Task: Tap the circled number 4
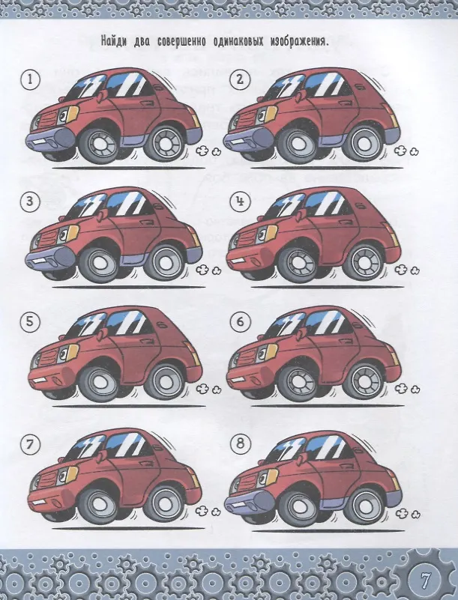pyautogui.click(x=241, y=201)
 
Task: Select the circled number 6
pyautogui.click(x=240, y=322)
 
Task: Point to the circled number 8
pyautogui.click(x=241, y=443)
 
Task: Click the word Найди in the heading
pyautogui.click(x=114, y=41)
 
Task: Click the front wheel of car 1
pyautogui.click(x=98, y=146)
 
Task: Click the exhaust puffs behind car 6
pyautogui.click(x=407, y=390)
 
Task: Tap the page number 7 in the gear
pyautogui.click(x=424, y=580)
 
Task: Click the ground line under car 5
pyautogui.click(x=129, y=406)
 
